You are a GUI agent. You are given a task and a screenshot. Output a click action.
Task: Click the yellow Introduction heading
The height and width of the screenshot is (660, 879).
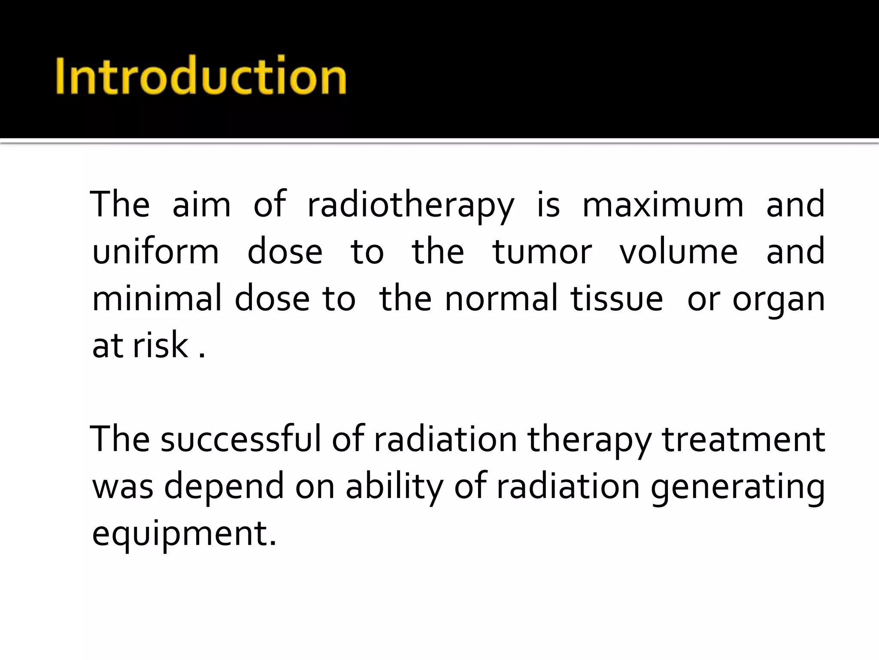(201, 76)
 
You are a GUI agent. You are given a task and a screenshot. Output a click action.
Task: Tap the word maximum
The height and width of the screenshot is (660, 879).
(663, 205)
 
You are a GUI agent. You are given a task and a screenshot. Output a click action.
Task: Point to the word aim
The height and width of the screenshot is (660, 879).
(201, 205)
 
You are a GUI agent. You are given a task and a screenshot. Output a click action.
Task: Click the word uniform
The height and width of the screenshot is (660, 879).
(155, 251)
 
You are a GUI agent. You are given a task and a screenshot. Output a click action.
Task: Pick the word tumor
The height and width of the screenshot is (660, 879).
(542, 251)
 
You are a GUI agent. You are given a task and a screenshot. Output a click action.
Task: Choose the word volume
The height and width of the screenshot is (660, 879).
(679, 251)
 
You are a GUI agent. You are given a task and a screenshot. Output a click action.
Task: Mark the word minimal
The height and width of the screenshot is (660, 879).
(157, 298)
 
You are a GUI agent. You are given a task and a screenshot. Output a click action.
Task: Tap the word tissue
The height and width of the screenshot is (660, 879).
(617, 298)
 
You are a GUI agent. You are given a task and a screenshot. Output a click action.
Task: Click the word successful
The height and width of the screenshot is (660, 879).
(241, 439)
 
